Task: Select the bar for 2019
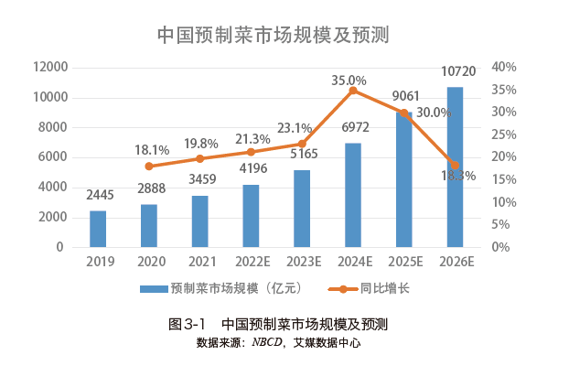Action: click(x=98, y=229)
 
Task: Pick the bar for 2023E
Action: click(x=301, y=209)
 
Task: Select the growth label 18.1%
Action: click(x=151, y=150)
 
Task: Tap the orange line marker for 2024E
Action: click(x=353, y=91)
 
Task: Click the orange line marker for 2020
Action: click(x=149, y=167)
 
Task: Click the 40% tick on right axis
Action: click(x=504, y=68)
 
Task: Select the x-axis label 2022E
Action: click(x=252, y=263)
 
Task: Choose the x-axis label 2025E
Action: click(x=403, y=263)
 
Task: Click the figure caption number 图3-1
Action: click(x=190, y=325)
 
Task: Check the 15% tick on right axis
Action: click(x=504, y=179)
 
